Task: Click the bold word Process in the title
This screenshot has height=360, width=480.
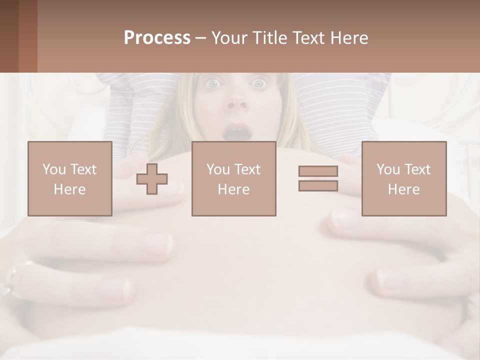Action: click(x=157, y=38)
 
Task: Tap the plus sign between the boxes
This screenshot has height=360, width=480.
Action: click(x=152, y=179)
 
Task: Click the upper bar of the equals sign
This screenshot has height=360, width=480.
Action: click(x=318, y=171)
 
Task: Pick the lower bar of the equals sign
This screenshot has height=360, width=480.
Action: click(x=318, y=185)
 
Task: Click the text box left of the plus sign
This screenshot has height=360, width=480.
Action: click(x=69, y=178)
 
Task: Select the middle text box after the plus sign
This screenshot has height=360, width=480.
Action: click(x=233, y=178)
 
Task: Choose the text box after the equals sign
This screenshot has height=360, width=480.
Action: click(x=403, y=178)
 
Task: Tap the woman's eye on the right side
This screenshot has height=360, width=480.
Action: click(x=259, y=83)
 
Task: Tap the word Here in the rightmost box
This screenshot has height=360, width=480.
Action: click(x=403, y=189)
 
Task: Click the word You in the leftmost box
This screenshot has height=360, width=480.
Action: click(x=53, y=169)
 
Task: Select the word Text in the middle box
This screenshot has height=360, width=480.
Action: click(x=248, y=169)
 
